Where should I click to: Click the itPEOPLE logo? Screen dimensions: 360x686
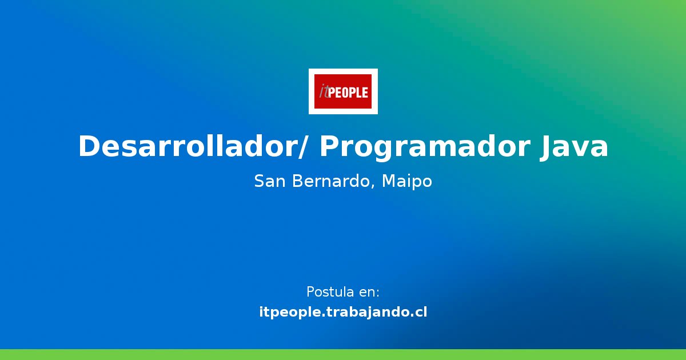pos(343,91)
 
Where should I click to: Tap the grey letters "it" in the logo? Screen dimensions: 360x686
pos(324,91)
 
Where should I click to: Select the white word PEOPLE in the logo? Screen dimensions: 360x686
pos(348,91)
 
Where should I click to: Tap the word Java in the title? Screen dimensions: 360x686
pos(574,147)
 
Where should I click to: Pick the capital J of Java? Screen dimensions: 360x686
pos(546,147)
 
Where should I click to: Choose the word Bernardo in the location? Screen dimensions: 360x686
pos(333,182)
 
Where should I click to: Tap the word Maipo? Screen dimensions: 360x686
pos(406,182)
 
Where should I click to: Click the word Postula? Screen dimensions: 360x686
pos(330,292)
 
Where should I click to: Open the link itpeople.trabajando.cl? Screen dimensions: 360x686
pos(343,313)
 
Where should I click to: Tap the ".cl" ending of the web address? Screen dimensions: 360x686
pos(417,313)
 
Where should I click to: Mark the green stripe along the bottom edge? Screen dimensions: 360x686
pos(343,354)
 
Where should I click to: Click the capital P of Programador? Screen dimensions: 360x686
pos(330,147)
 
